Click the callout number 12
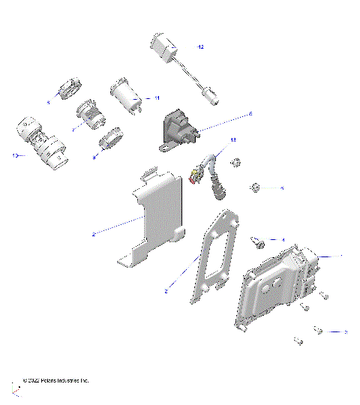pyautogui.click(x=200, y=46)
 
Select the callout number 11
pyautogui.click(x=156, y=98)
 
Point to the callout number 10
pyautogui.click(x=14, y=155)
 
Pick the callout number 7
pyautogui.click(x=72, y=130)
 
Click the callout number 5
pyautogui.click(x=282, y=188)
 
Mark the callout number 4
pyautogui.click(x=283, y=240)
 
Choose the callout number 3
pyautogui.click(x=345, y=331)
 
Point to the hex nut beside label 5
pyautogui.click(x=254, y=185)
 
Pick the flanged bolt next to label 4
pyautogui.click(x=258, y=241)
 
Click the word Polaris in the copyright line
pyautogui.click(x=53, y=381)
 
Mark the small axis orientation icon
pyautogui.click(x=15, y=391)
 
